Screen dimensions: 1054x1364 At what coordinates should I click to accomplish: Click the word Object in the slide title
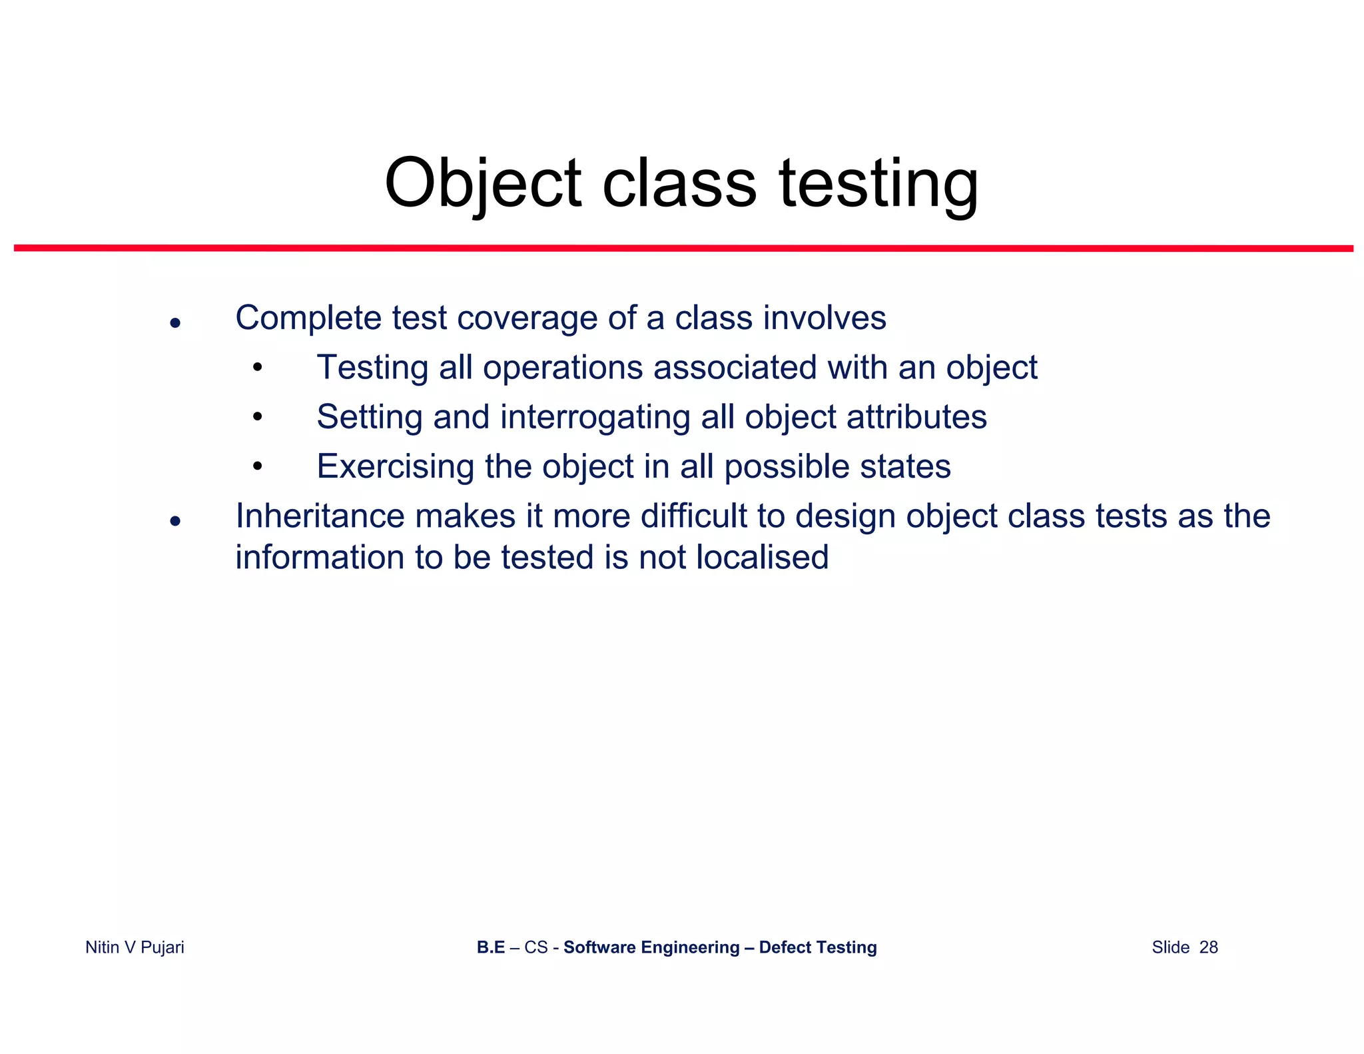[483, 183]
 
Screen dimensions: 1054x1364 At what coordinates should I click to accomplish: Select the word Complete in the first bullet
[308, 318]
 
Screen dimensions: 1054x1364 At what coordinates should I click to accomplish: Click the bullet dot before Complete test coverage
[175, 323]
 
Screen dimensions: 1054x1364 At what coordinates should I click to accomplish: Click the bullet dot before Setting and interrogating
[258, 418]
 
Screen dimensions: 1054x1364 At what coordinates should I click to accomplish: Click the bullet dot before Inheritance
[175, 521]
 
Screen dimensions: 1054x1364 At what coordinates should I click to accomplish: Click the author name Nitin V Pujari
[135, 947]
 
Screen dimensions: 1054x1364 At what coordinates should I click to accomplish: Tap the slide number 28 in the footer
[1208, 947]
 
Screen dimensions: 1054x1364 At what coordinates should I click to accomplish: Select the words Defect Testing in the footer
[817, 947]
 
